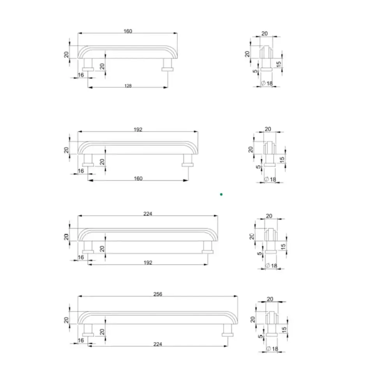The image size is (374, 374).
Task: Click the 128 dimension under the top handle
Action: pos(128,86)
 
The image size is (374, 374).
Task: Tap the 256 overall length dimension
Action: pos(158,294)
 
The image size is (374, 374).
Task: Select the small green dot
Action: pos(221,194)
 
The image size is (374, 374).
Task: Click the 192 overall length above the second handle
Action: pos(138,129)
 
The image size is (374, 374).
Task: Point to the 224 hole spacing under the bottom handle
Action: pos(158,344)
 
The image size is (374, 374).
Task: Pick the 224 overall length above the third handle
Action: pos(148,214)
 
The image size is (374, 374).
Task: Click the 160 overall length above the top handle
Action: pos(128,31)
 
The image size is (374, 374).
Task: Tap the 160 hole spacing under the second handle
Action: pos(138,178)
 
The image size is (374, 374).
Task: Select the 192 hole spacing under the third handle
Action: pos(148,262)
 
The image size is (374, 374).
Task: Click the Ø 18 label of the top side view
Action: pos(267,83)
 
